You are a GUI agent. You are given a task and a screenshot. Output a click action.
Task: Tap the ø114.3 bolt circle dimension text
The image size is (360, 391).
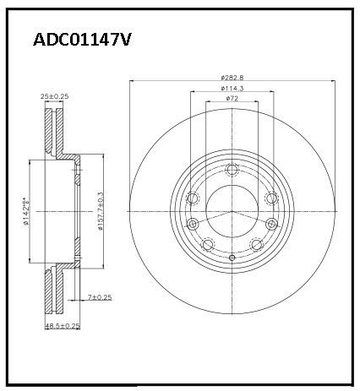232,89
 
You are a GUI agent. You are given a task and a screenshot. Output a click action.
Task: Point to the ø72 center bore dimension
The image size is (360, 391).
232,99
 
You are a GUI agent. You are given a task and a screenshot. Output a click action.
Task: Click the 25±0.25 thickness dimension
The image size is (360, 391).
55,97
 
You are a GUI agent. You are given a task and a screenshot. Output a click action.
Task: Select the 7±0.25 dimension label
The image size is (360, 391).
100,298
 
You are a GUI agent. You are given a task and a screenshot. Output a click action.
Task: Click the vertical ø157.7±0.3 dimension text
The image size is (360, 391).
100,211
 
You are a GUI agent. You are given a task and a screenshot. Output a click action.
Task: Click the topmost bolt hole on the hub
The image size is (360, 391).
232,171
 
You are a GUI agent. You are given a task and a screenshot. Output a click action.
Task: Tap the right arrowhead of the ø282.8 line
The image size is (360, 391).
332,82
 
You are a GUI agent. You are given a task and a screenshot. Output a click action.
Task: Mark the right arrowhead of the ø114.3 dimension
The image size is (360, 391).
271,93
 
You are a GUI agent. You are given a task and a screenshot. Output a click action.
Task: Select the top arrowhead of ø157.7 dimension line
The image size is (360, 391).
91,158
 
